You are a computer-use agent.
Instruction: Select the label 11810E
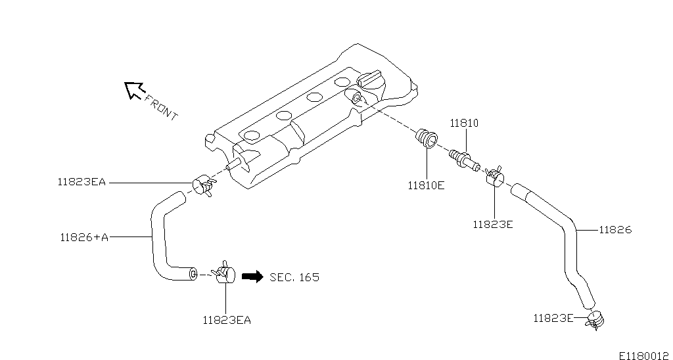pos(426,185)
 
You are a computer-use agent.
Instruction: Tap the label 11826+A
pos(83,236)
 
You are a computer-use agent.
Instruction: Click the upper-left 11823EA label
pos(81,183)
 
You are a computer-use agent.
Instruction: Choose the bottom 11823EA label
pos(226,321)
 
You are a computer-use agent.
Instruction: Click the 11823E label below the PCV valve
pos(492,224)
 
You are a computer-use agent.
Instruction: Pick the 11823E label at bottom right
pos(553,319)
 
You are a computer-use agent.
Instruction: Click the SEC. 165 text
pos(294,277)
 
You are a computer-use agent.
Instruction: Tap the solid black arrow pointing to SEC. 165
pos(252,277)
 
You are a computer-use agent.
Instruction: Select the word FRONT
pos(161,108)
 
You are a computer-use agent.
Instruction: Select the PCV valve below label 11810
pos(464,158)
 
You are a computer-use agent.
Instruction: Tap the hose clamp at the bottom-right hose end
pos(595,319)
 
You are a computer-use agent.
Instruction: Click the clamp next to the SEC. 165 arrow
pos(224,272)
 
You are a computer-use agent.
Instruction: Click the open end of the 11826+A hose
pos(193,273)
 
